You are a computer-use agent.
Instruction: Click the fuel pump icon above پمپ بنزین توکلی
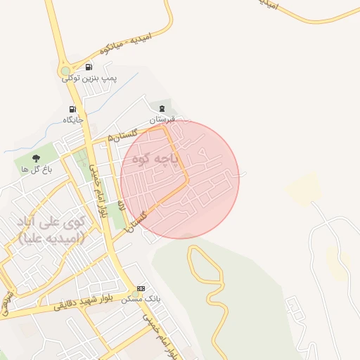coord(89,67)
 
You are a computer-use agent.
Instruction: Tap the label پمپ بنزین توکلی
coord(89,77)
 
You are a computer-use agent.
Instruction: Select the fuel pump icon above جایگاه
coord(73,109)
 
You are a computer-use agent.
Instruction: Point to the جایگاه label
coord(73,120)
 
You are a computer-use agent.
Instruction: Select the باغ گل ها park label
coord(35,169)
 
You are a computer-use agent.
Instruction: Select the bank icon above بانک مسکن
coord(141,288)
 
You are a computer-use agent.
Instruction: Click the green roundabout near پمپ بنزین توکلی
coord(65,71)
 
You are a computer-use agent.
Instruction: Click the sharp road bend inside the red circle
coord(188,181)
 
